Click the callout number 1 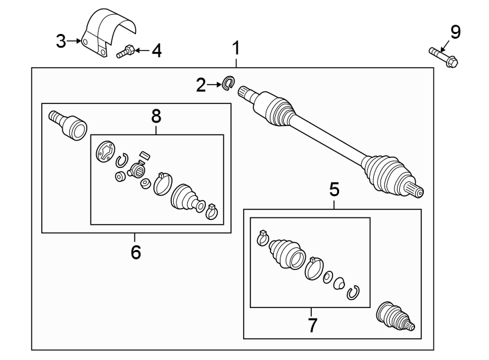point(235,48)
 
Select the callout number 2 point(201,85)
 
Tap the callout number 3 point(61,41)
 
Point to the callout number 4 point(156,50)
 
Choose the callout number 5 point(334,190)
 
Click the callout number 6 point(135,252)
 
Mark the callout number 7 point(312,325)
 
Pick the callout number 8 point(156,116)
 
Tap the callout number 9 point(455,31)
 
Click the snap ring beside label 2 point(228,84)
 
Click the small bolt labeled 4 point(126,51)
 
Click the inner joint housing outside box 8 point(68,124)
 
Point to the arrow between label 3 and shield point(75,41)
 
